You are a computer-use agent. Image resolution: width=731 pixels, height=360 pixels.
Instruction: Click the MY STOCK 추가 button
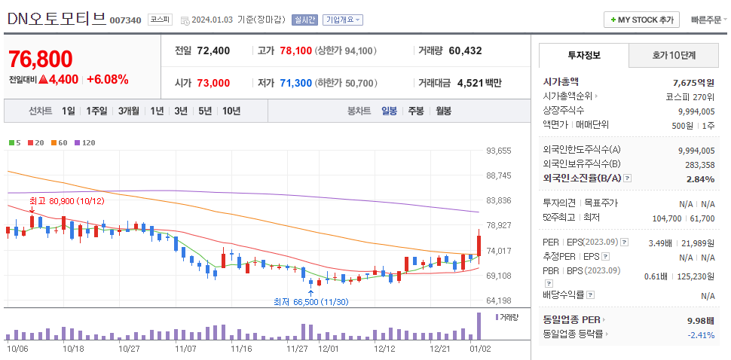tap(641, 20)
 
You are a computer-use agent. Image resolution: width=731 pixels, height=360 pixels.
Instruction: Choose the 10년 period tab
tap(231, 111)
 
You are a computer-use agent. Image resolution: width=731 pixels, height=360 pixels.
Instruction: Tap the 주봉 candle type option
tap(416, 111)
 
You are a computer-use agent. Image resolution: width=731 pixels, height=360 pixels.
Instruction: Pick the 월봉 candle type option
tap(443, 111)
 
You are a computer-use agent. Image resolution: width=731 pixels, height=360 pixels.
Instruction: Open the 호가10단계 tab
tap(674, 55)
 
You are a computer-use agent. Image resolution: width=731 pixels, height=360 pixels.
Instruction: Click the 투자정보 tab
tap(585, 55)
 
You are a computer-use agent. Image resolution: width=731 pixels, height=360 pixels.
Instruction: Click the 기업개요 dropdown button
tap(343, 20)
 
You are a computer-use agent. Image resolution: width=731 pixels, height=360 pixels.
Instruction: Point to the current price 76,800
tap(41, 59)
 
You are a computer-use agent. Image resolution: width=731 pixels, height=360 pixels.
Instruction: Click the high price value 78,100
tap(295, 50)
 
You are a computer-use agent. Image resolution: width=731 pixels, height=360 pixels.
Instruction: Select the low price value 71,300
tap(295, 83)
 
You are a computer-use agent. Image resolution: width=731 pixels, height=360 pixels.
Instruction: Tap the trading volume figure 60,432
tap(465, 50)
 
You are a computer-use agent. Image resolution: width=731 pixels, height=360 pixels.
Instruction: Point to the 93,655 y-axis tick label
tap(499, 151)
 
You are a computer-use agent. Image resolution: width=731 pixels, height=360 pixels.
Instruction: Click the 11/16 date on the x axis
tap(241, 349)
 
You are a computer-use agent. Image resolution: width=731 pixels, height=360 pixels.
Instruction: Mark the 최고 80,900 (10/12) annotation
tap(66, 201)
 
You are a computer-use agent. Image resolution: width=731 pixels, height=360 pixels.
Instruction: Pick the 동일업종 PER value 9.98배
tap(700, 320)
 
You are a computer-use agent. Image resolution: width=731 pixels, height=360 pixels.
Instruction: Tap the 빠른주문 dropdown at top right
tap(708, 20)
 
